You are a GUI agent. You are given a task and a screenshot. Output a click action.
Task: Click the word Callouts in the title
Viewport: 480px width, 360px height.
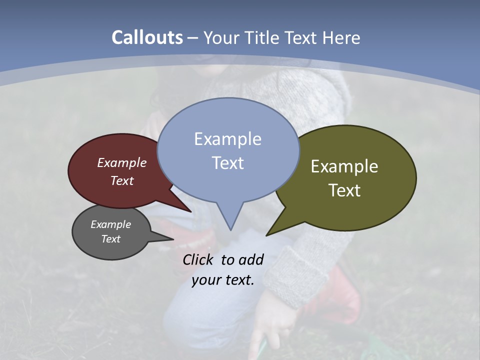tap(147, 37)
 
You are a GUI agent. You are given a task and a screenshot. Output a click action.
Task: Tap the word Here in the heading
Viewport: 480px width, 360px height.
tap(342, 37)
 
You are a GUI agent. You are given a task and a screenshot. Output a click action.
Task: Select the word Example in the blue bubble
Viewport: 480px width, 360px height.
tap(227, 139)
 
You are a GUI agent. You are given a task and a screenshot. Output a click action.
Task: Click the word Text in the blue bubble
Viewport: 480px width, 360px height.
tap(227, 162)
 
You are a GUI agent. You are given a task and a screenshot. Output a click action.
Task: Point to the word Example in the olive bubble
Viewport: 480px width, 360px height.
tap(344, 166)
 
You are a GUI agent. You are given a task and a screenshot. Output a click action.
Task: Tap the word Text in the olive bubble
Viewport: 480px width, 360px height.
tap(344, 190)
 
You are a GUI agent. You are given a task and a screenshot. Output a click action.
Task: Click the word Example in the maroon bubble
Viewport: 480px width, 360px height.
tap(122, 162)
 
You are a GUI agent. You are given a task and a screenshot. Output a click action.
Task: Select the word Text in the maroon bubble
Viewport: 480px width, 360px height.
tap(122, 180)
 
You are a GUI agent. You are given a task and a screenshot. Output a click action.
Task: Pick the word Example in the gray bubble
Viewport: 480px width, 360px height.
tap(110, 224)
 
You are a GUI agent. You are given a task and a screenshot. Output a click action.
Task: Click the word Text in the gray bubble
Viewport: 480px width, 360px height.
tap(110, 239)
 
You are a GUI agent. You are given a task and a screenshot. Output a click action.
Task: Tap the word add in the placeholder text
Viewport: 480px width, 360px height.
tap(250, 259)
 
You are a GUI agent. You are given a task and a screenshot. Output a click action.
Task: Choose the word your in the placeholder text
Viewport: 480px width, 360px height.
tap(205, 280)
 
